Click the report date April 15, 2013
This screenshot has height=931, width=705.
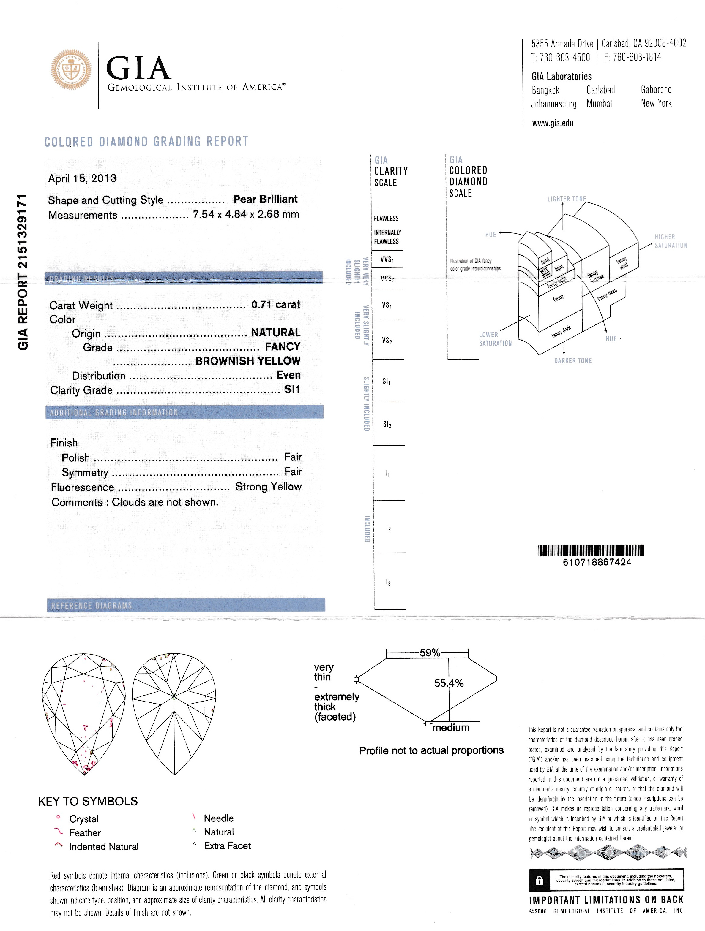click(x=82, y=178)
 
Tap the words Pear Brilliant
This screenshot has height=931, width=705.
click(x=265, y=199)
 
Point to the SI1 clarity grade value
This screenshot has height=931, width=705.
click(x=292, y=389)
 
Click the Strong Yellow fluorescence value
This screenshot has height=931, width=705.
click(x=268, y=487)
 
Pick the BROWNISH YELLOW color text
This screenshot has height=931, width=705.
click(x=248, y=361)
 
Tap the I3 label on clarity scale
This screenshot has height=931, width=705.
click(x=388, y=582)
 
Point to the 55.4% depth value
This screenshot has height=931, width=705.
click(x=449, y=683)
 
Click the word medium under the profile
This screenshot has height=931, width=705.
click(x=451, y=728)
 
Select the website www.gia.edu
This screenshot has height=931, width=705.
click(x=553, y=123)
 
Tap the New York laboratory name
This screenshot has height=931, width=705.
click(x=656, y=103)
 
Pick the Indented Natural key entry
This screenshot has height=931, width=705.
click(x=104, y=846)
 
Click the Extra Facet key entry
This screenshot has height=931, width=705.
click(x=227, y=845)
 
